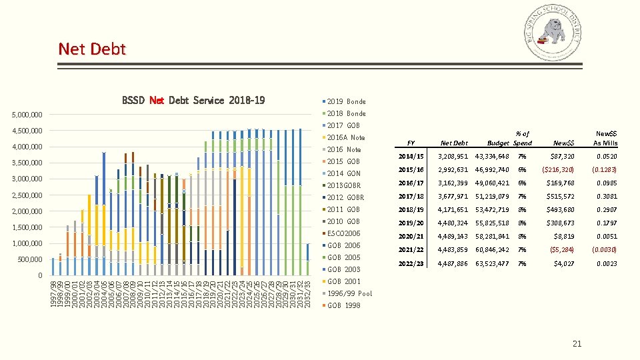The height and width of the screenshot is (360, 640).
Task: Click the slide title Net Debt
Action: point(91,49)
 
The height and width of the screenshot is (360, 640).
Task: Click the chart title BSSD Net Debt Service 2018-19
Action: point(193,101)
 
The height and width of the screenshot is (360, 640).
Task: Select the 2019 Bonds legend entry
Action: point(346,101)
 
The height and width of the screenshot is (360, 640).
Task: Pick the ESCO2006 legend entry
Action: point(343,233)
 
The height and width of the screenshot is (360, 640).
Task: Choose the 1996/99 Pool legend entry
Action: point(349,293)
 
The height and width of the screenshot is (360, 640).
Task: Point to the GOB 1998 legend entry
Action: point(343,305)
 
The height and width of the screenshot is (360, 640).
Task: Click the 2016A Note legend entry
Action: point(346,137)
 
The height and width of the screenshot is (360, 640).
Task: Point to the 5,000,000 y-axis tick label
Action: point(27,115)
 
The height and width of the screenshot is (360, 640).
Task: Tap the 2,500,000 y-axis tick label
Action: point(27,195)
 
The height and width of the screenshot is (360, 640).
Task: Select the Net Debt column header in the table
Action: point(454,143)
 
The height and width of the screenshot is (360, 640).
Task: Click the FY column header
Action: point(411,143)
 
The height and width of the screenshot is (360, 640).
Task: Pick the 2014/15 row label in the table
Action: point(410,156)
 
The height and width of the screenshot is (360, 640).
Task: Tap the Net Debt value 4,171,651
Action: point(454,209)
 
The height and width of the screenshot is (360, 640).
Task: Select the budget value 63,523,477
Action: point(492,263)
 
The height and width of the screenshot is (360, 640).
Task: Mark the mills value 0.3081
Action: point(607,196)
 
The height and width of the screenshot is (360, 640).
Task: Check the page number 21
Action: point(577,343)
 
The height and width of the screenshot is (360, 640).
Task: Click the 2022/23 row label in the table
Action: point(410,263)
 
